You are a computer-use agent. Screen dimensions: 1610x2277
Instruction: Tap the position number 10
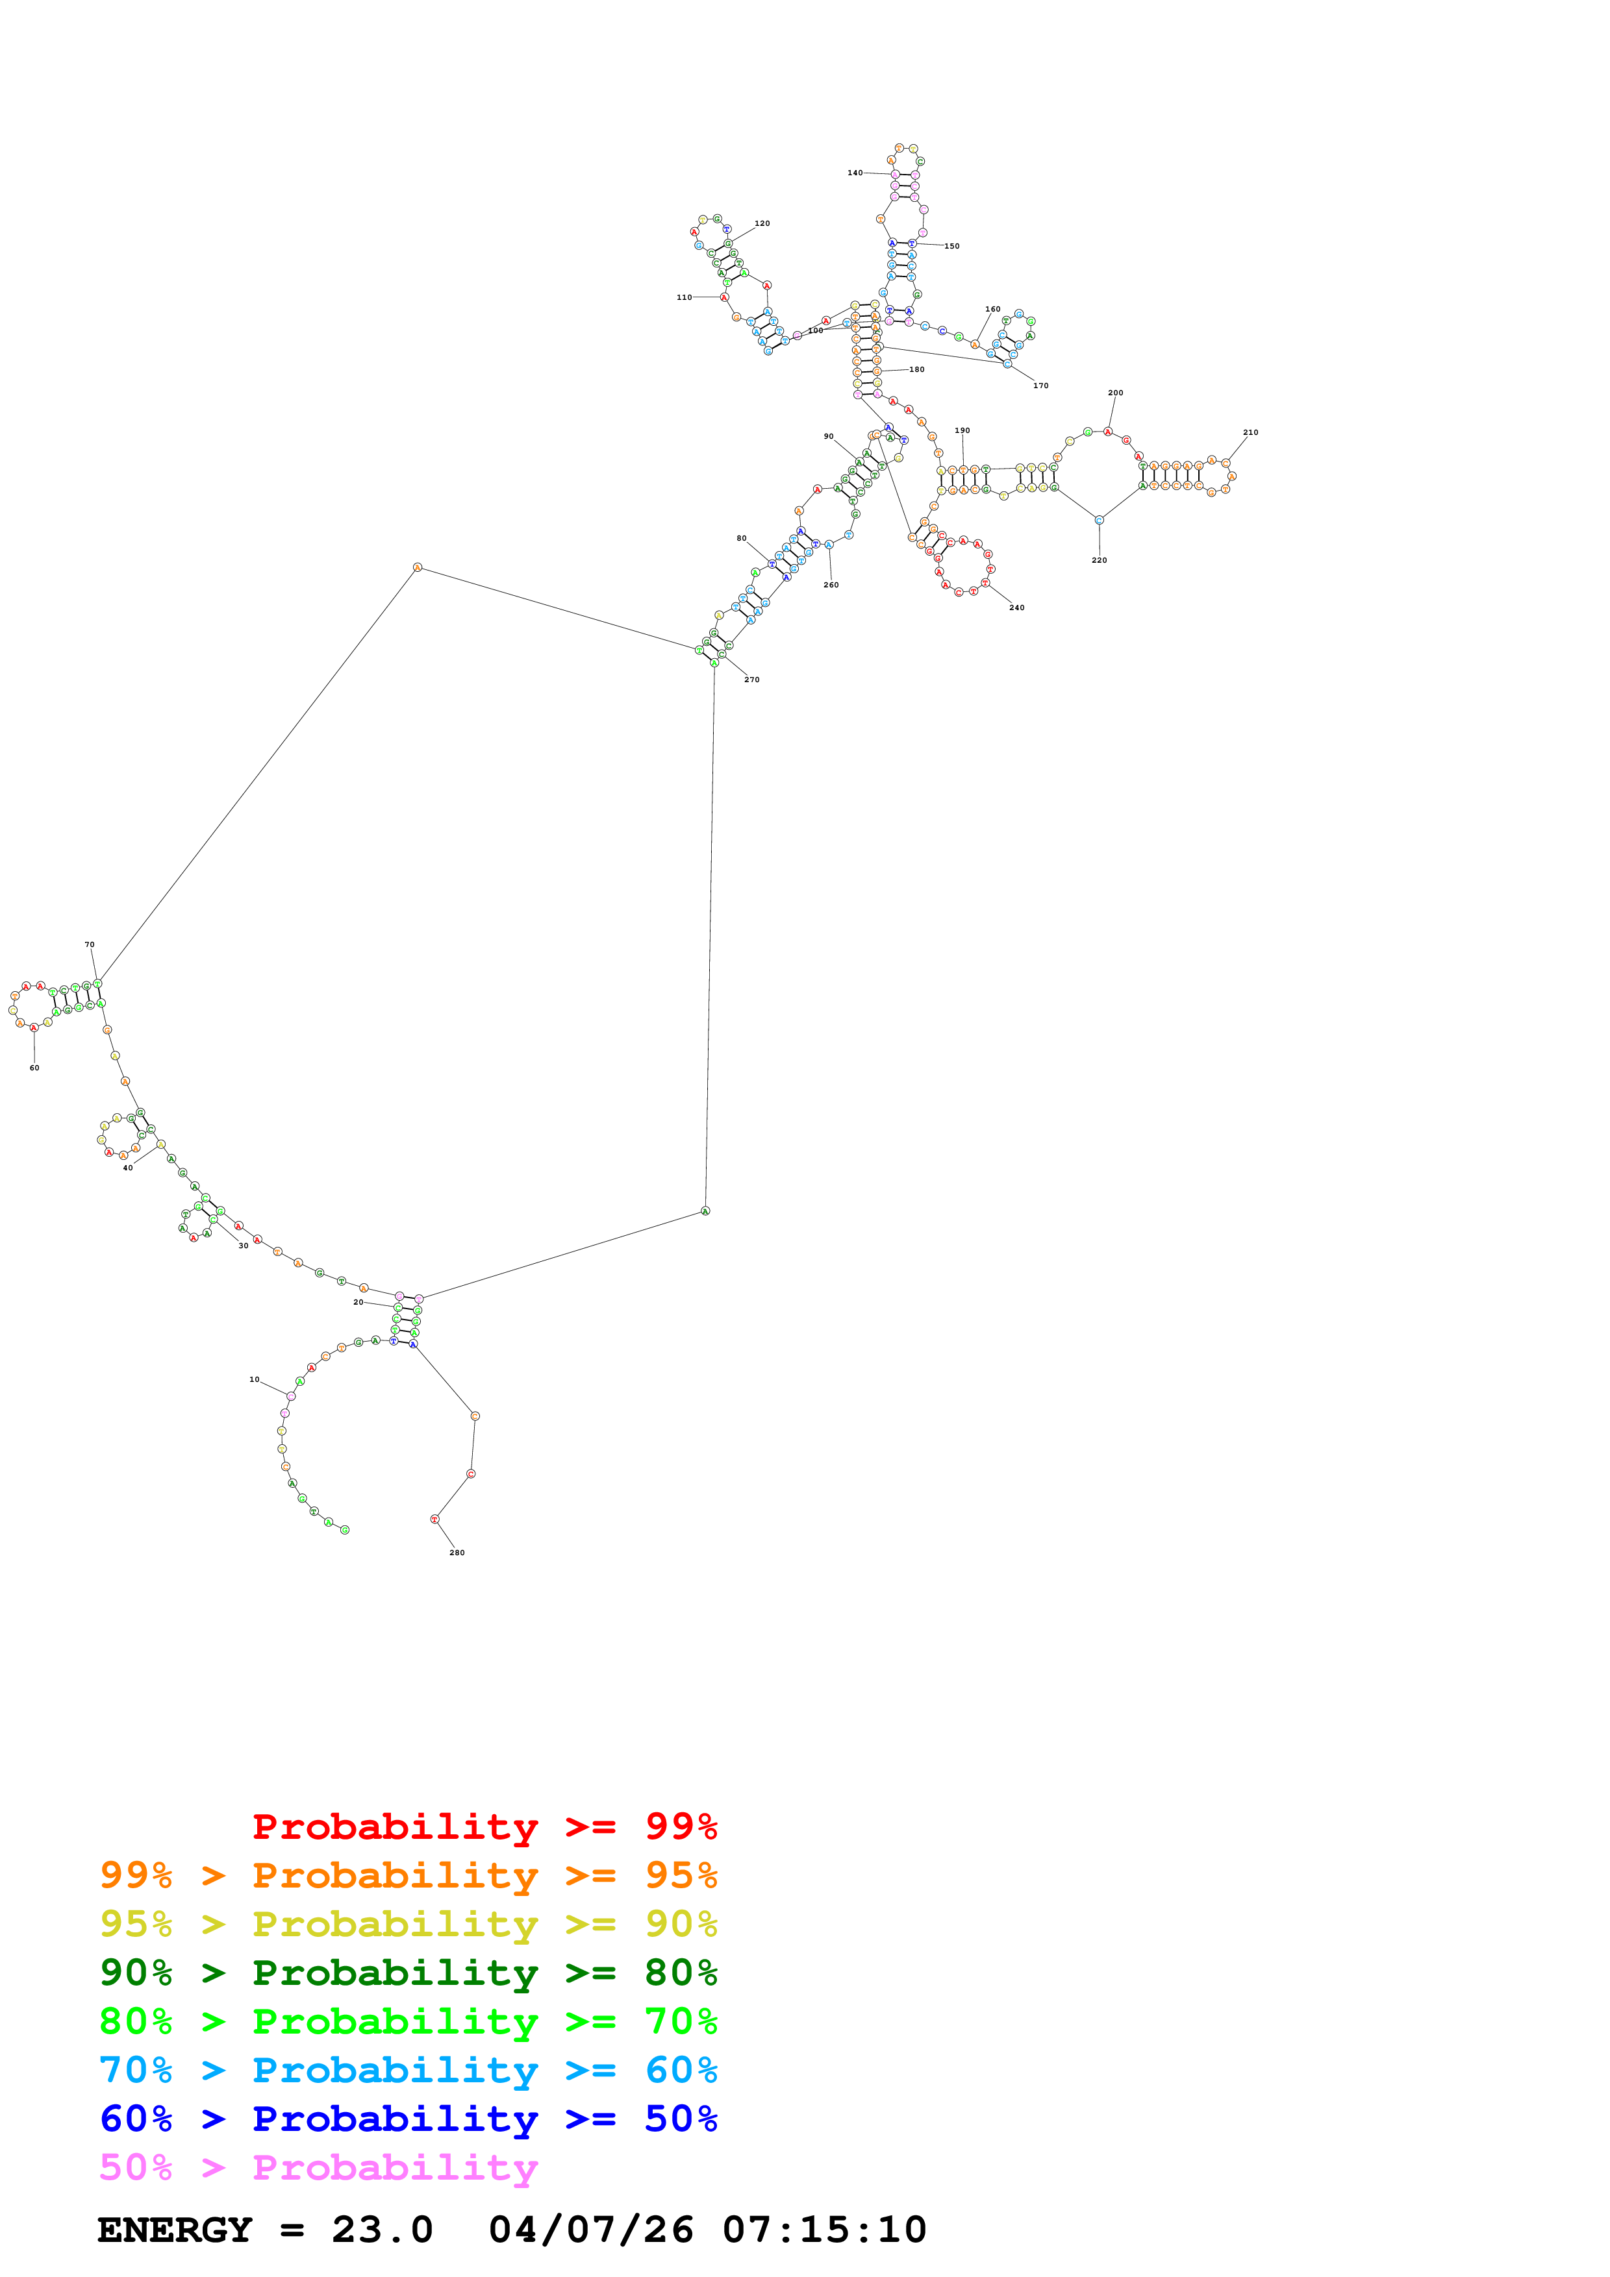pos(254,1379)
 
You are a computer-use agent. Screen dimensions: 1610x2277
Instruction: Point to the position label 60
pos(34,1068)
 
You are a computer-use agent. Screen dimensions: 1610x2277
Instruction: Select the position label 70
pos(89,945)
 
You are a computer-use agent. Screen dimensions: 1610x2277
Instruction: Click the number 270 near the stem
pos(752,680)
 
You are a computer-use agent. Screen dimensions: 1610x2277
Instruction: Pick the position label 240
pos(1017,608)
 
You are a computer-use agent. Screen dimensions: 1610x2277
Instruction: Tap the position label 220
pos(1099,560)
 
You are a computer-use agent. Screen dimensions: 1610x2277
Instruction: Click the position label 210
pos(1250,432)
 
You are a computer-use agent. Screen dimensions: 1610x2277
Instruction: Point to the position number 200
pos(1115,393)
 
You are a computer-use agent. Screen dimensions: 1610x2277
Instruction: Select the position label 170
pos(1040,386)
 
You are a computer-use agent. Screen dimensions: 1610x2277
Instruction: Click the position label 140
pos(855,173)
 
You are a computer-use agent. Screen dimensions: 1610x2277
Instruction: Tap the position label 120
pos(762,224)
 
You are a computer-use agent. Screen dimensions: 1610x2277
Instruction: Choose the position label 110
pos(685,297)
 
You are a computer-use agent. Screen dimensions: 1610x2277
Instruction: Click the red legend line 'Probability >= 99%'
pos(484,1827)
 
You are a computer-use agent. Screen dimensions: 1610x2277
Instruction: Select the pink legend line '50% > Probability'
pos(318,2168)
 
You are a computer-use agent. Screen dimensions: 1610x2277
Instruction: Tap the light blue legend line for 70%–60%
pos(408,2071)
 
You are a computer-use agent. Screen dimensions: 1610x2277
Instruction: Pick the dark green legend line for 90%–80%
pos(408,1973)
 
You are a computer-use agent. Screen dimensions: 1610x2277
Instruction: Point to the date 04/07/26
pos(590,2230)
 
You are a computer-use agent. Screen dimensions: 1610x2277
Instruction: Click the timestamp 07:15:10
pos(824,2230)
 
